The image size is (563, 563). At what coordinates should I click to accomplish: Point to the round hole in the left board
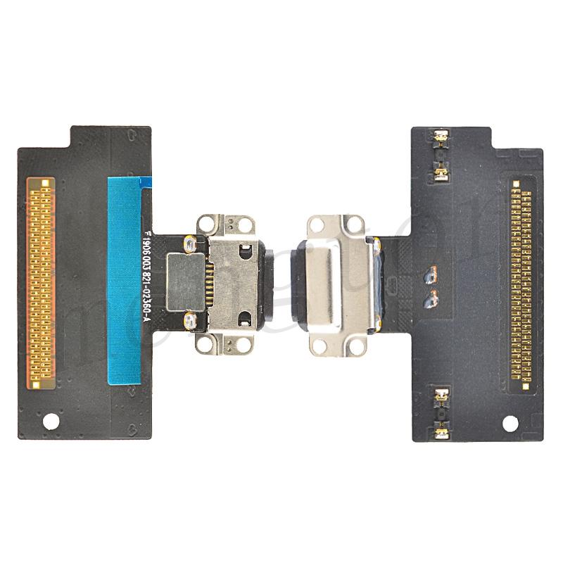[x=51, y=422]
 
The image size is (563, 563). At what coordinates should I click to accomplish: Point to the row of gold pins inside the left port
[x=208, y=281]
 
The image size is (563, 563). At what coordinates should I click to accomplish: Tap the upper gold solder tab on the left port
[x=188, y=246]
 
